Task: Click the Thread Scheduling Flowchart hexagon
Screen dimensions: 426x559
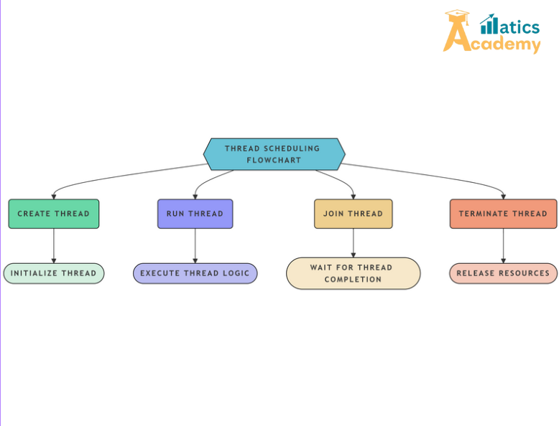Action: click(274, 154)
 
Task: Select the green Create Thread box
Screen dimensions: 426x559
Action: click(54, 214)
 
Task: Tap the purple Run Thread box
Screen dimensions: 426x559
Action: click(195, 214)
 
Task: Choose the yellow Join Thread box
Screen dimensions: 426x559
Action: click(353, 214)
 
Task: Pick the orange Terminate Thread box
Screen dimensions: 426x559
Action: click(503, 214)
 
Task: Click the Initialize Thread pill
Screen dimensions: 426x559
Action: click(54, 273)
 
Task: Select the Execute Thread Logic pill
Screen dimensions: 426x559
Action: click(195, 273)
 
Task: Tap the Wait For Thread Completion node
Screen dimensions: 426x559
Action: click(353, 273)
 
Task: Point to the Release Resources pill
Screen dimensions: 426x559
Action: click(503, 273)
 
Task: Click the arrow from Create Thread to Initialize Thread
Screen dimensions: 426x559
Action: click(54, 245)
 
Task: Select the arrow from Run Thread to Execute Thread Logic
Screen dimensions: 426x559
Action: click(195, 245)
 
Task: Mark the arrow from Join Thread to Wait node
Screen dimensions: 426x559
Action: click(353, 243)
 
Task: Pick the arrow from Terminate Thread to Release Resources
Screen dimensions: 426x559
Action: click(503, 245)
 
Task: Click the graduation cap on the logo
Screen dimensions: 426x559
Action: click(456, 16)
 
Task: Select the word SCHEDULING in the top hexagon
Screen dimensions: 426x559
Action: click(291, 148)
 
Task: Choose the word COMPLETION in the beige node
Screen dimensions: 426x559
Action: click(353, 280)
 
